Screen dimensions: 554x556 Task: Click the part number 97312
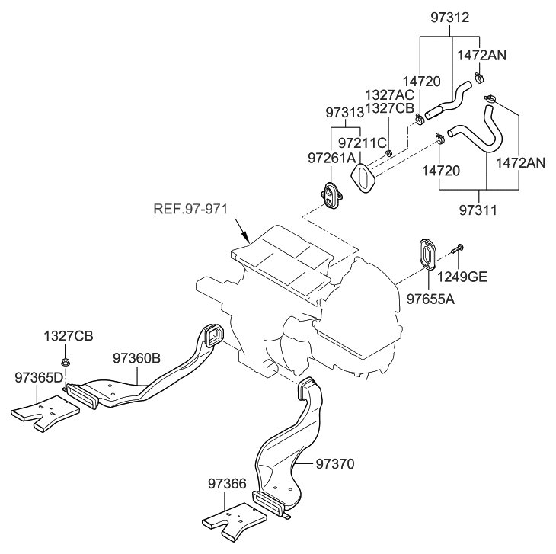449,17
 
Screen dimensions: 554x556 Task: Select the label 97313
345,113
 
